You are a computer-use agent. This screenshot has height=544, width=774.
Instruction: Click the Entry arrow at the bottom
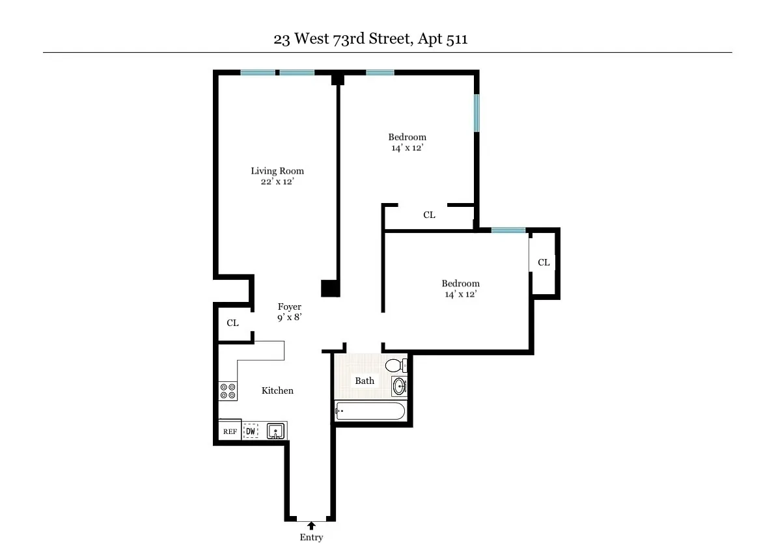(311, 524)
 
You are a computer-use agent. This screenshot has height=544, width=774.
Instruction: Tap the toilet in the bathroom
(394, 365)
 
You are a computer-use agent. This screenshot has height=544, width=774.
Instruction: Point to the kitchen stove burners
(228, 390)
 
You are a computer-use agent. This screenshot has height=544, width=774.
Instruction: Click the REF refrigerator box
(230, 431)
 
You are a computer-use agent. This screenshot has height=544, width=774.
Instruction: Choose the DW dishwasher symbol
(251, 431)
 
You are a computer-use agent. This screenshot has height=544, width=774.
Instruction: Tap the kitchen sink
(276, 431)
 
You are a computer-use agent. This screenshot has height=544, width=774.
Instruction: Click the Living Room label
(277, 171)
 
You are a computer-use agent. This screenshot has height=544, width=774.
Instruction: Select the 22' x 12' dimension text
(277, 182)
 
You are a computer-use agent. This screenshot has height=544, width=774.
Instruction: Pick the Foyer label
(290, 307)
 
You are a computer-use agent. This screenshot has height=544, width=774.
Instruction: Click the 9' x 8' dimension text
(290, 318)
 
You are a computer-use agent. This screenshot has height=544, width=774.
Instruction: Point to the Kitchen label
(277, 390)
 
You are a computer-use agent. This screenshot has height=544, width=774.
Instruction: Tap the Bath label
(365, 381)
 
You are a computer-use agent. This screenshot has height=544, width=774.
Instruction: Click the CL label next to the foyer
(232, 323)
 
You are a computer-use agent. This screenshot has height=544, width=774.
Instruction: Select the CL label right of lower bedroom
(544, 262)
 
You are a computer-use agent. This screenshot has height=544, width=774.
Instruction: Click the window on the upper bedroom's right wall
(477, 113)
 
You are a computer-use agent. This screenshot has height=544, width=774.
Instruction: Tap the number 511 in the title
(456, 39)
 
